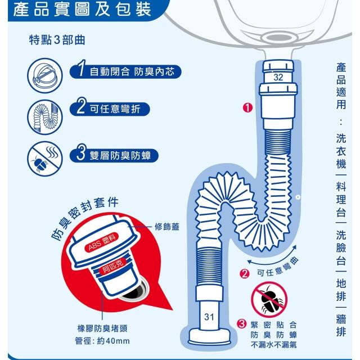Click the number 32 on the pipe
point(278,77)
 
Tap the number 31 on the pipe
point(209,317)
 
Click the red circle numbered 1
point(247,107)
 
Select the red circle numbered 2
point(244,274)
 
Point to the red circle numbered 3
point(241,324)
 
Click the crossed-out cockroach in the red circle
point(269,300)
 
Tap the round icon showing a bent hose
point(45,117)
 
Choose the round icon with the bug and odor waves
point(45,159)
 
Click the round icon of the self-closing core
point(45,75)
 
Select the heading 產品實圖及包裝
point(82,10)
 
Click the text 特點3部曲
point(57,40)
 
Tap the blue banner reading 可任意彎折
point(110,109)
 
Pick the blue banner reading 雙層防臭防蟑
point(114,155)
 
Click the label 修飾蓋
point(167,227)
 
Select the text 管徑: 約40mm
point(102,341)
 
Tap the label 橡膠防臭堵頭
point(102,328)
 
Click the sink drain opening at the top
point(278,38)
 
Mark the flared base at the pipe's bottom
point(209,337)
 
